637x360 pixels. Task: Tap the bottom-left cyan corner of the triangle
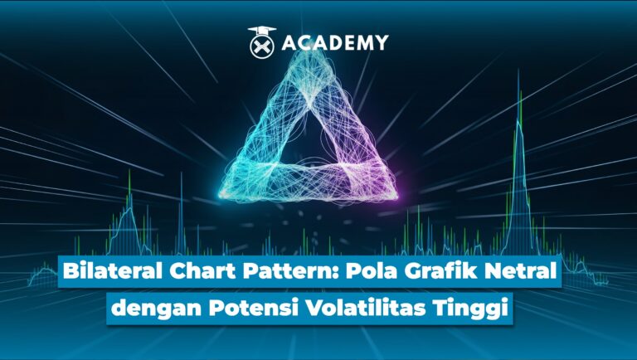[229, 192]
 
